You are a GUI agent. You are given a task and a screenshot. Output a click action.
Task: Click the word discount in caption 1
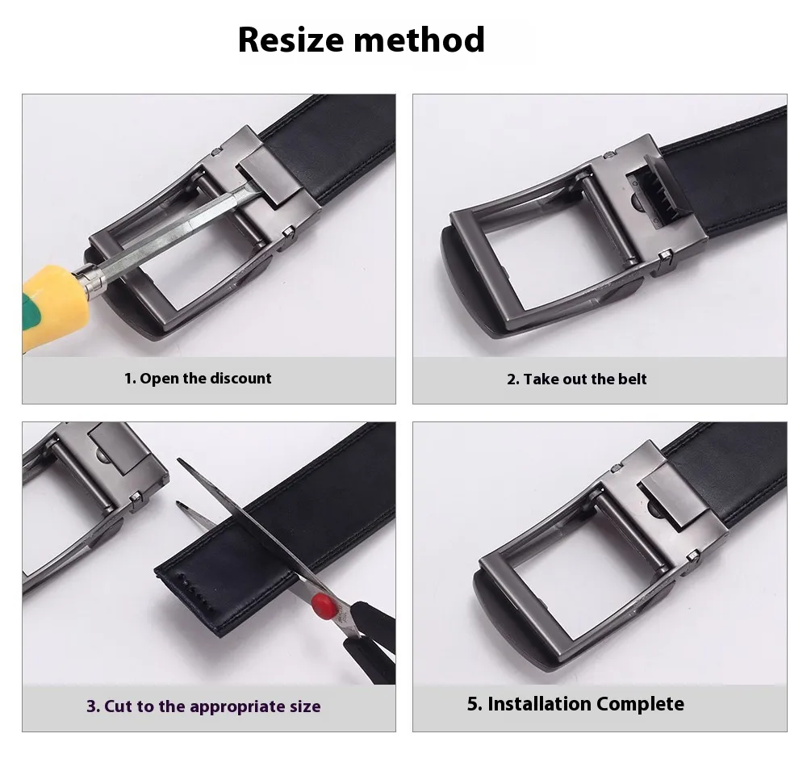(x=240, y=379)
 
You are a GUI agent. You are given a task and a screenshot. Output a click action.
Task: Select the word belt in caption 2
(x=632, y=379)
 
